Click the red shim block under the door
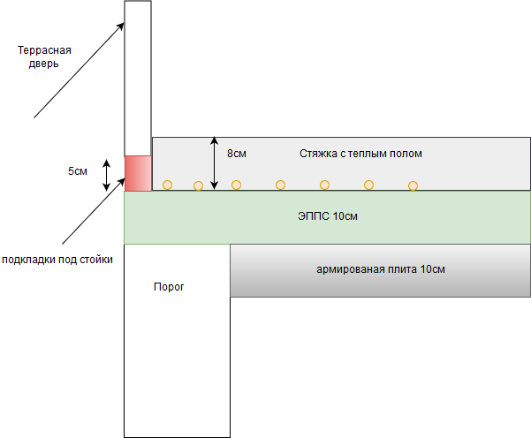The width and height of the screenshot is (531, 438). pos(138,173)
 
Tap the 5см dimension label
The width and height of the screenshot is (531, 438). pos(78,171)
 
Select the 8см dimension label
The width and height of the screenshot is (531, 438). pos(237,154)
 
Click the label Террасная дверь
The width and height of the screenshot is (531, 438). pos(44,57)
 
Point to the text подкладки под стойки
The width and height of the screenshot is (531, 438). pos(57,260)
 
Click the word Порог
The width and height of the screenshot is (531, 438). pos(169,287)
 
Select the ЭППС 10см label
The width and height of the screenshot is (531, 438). pos(328,216)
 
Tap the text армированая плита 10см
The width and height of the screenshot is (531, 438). pos(381,269)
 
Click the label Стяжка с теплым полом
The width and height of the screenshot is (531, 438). pos(360,154)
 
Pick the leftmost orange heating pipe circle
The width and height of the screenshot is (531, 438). pos(167,185)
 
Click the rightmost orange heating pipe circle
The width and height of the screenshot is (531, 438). pos(413,185)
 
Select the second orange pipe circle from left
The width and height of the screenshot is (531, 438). pos(198,185)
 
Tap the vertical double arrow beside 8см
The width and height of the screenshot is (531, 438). pos(214,163)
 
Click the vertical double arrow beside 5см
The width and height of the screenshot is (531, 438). pos(107,175)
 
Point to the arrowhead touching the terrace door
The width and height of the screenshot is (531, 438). pos(121,26)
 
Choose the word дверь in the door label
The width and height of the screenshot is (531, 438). pos(43,64)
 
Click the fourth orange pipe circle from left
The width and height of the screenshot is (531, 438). pos(280,185)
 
